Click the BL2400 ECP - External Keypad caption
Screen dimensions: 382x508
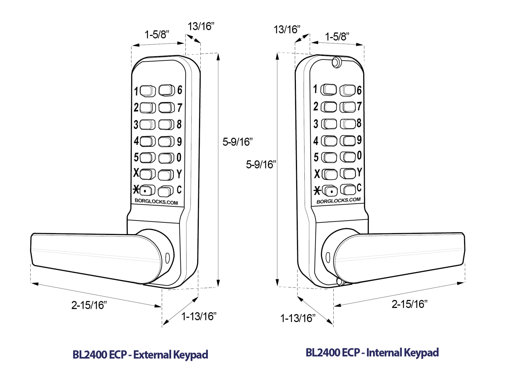[140, 354]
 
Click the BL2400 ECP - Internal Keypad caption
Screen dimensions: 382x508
[372, 352]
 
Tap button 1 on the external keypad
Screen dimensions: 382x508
[148, 91]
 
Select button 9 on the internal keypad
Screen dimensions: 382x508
[348, 140]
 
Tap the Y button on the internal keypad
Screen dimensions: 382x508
[348, 173]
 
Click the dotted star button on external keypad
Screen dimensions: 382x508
[147, 190]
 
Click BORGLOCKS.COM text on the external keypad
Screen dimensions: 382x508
[156, 201]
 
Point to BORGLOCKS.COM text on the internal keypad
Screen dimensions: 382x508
[338, 201]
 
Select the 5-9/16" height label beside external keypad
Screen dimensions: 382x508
[237, 142]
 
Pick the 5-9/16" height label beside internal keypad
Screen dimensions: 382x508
[261, 164]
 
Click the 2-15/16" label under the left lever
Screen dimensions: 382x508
[89, 305]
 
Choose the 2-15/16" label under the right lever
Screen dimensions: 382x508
[410, 304]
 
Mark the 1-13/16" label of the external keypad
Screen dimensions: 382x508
[199, 316]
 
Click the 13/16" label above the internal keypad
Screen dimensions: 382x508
[287, 30]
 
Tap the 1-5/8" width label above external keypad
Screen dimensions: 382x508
[157, 34]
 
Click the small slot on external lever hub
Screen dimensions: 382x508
[168, 257]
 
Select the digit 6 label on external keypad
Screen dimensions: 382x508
[180, 90]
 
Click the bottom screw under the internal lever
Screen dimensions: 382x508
[339, 282]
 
